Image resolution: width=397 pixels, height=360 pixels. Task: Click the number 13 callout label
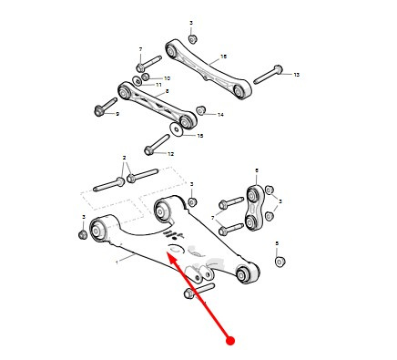[297, 75]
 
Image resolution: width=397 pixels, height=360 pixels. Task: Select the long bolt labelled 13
[268, 75]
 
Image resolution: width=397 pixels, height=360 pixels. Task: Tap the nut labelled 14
[201, 110]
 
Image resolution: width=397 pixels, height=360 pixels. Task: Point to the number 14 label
[220, 115]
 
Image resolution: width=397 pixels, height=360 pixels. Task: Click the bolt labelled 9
[106, 107]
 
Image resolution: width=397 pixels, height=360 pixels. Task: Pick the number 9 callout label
[117, 114]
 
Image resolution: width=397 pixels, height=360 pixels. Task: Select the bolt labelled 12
[157, 145]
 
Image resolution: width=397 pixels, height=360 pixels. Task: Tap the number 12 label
[171, 154]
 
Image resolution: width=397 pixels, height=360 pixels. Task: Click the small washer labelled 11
[137, 81]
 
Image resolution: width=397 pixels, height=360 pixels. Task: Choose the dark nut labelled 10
[146, 77]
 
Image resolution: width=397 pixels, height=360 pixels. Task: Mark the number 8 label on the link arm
[167, 91]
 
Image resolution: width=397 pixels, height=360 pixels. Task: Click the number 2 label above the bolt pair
[124, 158]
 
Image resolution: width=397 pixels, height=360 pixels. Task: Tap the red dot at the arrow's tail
[230, 341]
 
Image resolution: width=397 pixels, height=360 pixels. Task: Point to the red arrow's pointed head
[168, 252]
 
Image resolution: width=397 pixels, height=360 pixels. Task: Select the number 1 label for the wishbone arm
[117, 262]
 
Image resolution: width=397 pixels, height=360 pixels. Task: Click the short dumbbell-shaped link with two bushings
[254, 208]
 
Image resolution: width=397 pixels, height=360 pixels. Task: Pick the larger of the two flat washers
[176, 129]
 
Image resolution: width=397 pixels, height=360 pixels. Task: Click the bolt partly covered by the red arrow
[199, 291]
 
